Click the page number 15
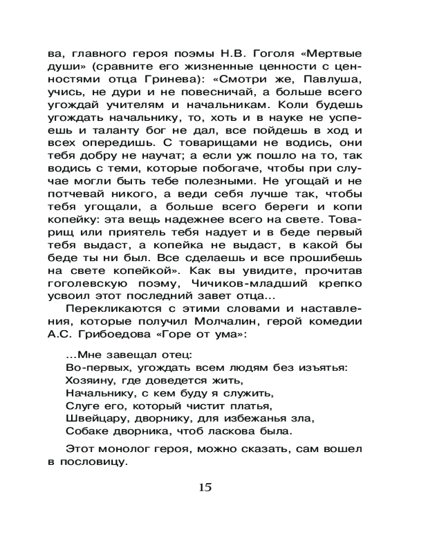[205, 487]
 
